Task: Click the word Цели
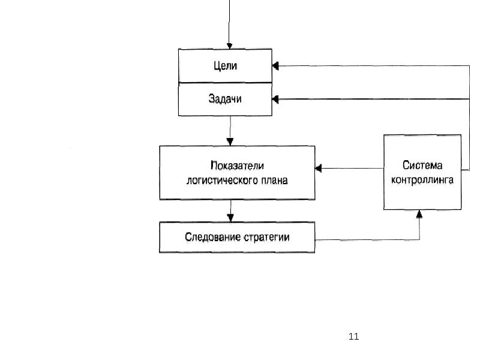225,66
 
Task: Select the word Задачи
225,99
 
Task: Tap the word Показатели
237,166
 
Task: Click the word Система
422,165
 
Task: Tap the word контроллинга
422,179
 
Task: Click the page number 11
353,336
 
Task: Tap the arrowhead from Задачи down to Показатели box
230,141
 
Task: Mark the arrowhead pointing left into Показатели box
319,167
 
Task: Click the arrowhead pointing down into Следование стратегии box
230,218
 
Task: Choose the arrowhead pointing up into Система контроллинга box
420,213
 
